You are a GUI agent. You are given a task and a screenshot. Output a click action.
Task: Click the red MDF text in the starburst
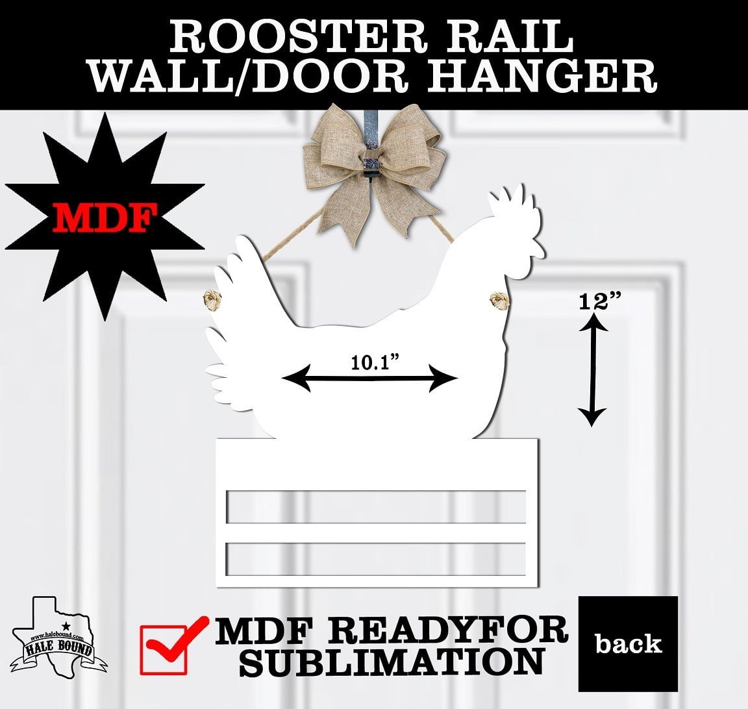[x=101, y=217]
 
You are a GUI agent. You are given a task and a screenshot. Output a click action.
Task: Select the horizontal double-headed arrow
[x=370, y=379]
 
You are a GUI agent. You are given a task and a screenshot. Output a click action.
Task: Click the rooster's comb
[x=513, y=206]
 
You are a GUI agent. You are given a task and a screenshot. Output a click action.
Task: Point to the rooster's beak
[x=538, y=247]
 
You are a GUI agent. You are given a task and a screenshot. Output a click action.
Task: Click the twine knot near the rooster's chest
[x=499, y=300]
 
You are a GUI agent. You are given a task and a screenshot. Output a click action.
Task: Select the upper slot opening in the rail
[x=376, y=506]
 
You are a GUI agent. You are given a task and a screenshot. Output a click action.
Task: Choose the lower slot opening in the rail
[x=376, y=559]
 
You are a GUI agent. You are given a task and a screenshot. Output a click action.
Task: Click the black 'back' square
[x=628, y=643]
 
